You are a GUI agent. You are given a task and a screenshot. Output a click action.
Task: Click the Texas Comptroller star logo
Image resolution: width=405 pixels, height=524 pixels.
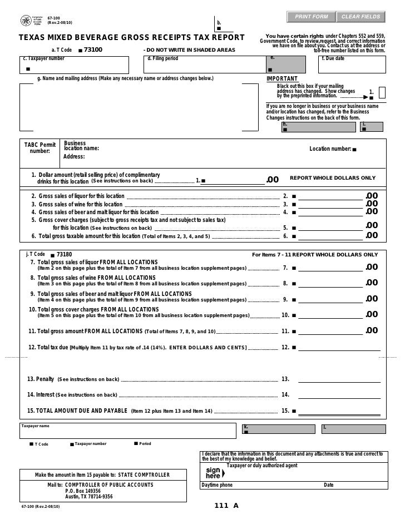pos(26,21)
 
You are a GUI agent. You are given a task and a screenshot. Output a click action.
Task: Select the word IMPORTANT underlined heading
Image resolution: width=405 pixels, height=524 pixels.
pos(282,79)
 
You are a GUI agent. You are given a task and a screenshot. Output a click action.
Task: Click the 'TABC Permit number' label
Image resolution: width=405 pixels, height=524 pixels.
pos(39,148)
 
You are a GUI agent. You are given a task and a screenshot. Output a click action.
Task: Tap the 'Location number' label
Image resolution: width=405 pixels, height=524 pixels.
pos(330,149)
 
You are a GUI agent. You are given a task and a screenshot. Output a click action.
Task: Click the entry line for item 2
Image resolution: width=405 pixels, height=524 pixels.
pos(331,197)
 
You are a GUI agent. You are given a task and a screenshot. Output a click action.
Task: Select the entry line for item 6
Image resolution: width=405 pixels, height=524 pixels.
pos(331,236)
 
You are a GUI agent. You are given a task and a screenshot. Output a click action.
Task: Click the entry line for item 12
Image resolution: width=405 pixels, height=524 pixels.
pos(339,349)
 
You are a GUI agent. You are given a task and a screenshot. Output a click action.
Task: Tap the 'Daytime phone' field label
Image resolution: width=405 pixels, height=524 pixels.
pos(218,485)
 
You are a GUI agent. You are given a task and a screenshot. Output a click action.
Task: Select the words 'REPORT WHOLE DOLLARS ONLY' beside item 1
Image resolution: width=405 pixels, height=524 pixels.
pos(333,178)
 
